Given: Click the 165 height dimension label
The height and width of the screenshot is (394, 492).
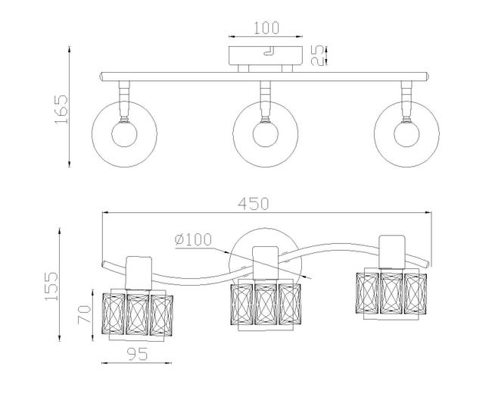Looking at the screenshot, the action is (x=61, y=108).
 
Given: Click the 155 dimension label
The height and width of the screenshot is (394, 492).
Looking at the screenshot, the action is (x=51, y=286).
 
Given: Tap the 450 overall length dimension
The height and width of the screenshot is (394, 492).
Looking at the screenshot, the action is (x=254, y=204).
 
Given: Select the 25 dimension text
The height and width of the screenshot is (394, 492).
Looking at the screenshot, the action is (x=317, y=55).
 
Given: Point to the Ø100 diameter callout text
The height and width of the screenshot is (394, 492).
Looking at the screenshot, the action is (x=193, y=240).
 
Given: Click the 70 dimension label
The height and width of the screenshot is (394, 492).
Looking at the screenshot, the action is (x=85, y=314).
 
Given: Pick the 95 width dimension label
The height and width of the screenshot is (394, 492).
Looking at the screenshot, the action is (x=137, y=355).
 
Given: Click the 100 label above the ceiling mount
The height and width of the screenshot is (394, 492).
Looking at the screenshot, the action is (x=266, y=28).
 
